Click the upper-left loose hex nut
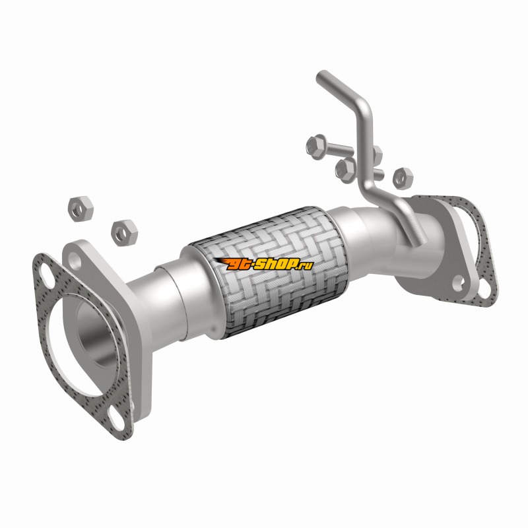click(81, 209)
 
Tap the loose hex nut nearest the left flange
click(125, 233)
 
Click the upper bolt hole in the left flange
click(75, 260)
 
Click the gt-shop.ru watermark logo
click(263, 265)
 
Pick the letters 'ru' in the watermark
click(307, 266)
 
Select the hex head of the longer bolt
click(317, 147)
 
